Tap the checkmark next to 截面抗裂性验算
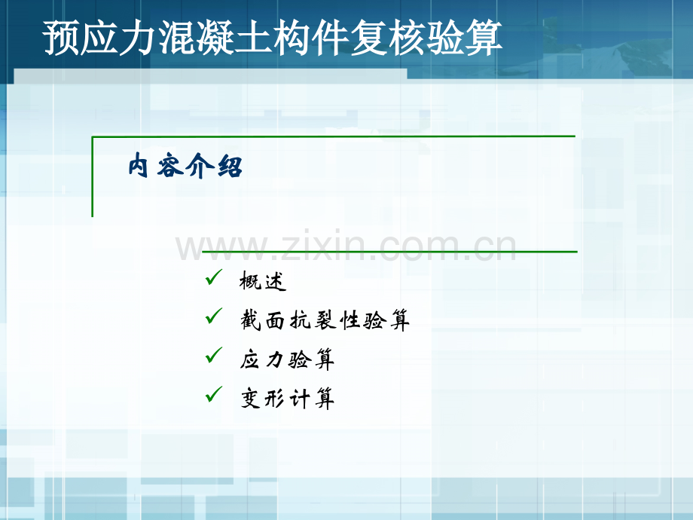tap(213, 317)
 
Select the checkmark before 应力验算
tap(213, 355)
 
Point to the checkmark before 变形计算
tap(213, 394)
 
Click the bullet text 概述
tap(263, 281)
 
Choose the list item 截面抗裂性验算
tap(325, 320)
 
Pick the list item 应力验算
tap(287, 359)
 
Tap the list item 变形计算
tap(287, 399)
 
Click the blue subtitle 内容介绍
tap(185, 166)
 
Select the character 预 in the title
tap(61, 38)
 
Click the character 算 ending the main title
tap(484, 38)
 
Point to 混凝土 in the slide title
tap(215, 38)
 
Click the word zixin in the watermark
tap(325, 246)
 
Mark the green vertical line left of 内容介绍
tap(93, 177)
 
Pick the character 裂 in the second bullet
tap(325, 320)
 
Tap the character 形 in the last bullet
tap(275, 399)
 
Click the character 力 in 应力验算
tap(275, 359)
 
